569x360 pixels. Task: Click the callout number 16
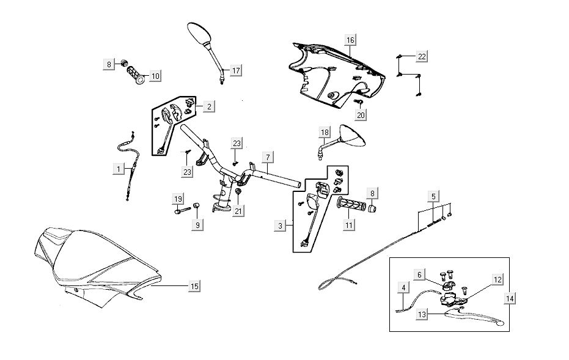(350, 40)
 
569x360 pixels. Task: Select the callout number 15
(194, 286)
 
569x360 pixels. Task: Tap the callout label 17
(235, 70)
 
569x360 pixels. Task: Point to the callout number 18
(325, 133)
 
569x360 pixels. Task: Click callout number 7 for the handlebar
(267, 157)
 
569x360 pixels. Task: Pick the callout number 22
(422, 57)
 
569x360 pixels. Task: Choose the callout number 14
(510, 298)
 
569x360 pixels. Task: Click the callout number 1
(117, 167)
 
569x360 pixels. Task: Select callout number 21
(238, 211)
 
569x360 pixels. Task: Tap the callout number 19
(178, 199)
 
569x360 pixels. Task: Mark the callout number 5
(433, 197)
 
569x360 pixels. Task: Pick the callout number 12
(497, 279)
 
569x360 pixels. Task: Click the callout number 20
(360, 114)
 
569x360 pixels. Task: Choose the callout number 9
(197, 225)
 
